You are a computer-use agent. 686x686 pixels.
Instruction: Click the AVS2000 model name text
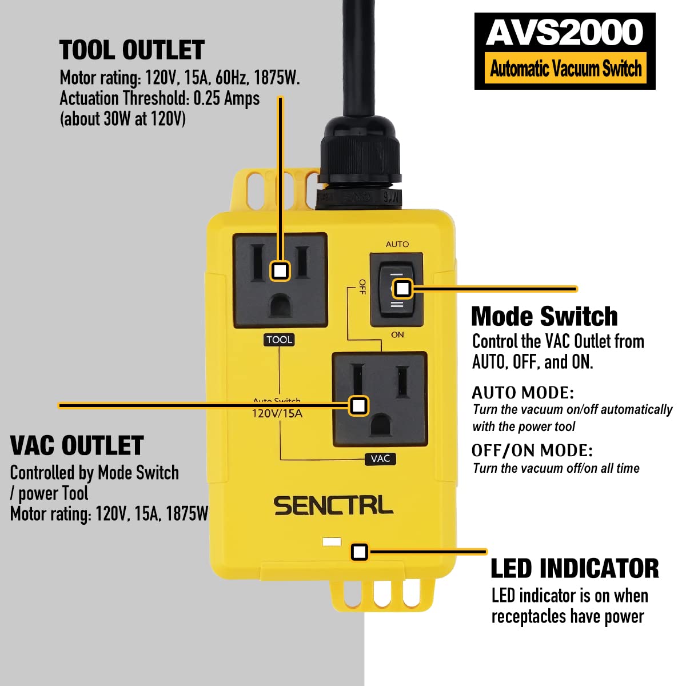tap(565, 33)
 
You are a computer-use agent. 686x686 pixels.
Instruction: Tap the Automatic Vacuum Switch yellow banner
tap(565, 69)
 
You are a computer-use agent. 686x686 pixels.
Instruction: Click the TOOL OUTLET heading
tap(132, 50)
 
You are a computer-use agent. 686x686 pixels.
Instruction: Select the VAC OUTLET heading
tap(77, 446)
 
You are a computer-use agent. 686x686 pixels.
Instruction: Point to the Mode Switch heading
tap(544, 316)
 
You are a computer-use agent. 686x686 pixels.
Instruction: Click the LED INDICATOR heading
tap(575, 569)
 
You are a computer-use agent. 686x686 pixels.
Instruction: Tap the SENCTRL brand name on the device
tap(333, 506)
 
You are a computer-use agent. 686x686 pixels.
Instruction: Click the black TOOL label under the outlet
tap(279, 340)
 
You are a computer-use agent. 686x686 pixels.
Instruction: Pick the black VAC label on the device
tap(380, 458)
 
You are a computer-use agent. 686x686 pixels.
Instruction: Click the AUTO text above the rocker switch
tap(397, 244)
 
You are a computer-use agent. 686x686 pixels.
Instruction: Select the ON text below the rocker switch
tap(397, 334)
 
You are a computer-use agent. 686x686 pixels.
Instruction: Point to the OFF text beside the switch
tap(362, 287)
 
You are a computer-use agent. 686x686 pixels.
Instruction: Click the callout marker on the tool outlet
tap(280, 270)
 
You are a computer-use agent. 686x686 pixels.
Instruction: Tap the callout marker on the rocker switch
tap(402, 289)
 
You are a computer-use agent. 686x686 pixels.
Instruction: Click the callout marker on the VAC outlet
tap(358, 405)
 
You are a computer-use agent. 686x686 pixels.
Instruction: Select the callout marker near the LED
tap(359, 552)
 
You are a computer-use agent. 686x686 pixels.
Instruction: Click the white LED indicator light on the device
tap(332, 541)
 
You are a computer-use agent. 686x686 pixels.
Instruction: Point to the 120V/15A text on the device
tap(277, 413)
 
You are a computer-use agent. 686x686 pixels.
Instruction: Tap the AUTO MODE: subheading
tap(523, 393)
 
